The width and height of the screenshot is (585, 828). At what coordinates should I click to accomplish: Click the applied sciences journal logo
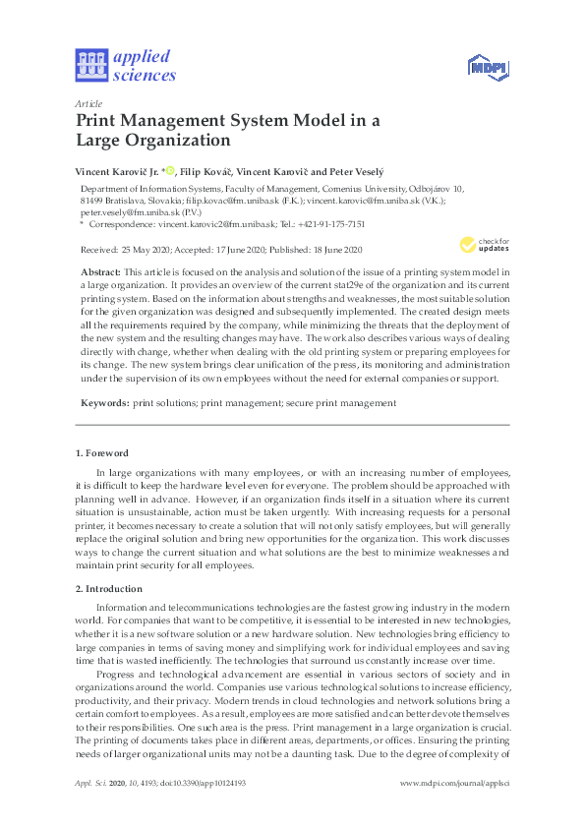click(125, 64)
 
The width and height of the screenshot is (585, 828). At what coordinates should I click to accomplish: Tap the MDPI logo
click(488, 66)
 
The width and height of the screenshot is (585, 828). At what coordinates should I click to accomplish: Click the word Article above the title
click(88, 103)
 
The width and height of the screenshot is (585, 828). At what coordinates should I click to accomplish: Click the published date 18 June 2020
click(332, 249)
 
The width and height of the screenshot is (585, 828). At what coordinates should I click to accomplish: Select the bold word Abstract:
click(101, 270)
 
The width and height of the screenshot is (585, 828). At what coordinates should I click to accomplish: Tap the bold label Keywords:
click(103, 403)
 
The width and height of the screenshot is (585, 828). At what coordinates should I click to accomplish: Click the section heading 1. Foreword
click(102, 453)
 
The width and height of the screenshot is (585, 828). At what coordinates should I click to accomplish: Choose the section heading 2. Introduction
click(109, 588)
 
